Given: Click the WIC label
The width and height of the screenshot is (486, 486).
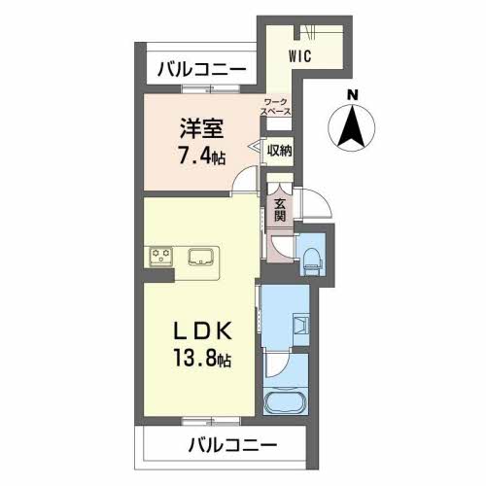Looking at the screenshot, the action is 300,56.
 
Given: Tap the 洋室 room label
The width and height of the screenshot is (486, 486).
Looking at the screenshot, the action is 201,128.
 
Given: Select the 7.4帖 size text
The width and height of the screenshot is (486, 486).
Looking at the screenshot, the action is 201,156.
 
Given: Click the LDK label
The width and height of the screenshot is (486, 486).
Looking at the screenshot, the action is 203,330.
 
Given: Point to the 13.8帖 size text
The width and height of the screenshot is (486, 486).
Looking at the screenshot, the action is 202,358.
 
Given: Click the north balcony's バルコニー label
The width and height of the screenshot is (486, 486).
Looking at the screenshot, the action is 201,69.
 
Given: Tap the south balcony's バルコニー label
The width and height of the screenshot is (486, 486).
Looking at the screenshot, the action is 232,444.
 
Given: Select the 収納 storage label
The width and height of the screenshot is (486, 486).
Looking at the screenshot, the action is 279,151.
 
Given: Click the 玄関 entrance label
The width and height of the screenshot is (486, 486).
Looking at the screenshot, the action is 280,210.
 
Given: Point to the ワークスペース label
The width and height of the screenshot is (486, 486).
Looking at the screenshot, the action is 276,107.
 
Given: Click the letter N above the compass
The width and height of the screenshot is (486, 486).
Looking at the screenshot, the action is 352,95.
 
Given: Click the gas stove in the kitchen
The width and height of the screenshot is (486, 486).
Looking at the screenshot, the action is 160,257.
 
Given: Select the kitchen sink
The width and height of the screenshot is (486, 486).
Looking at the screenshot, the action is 200,257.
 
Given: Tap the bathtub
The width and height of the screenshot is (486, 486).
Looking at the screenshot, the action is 286,402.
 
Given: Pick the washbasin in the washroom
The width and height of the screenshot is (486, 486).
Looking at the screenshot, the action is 301,325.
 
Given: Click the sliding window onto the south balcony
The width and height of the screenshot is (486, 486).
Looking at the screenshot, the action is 211,421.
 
